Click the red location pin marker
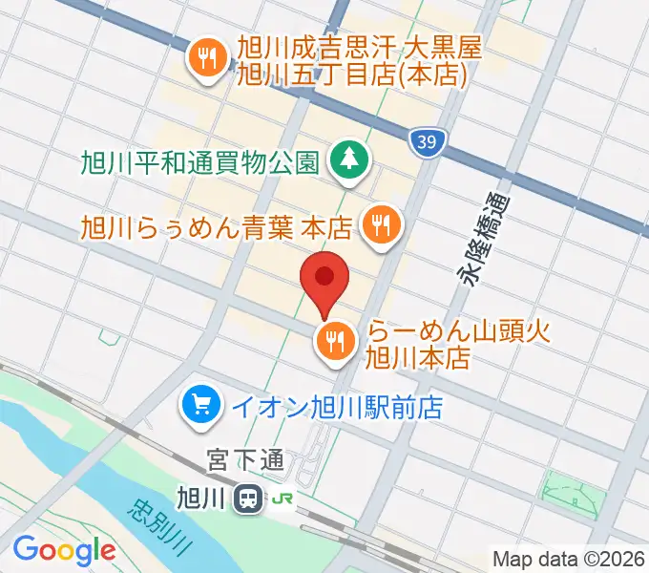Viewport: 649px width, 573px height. click(324, 280)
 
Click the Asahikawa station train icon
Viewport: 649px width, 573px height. click(250, 498)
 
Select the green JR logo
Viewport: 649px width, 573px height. click(283, 499)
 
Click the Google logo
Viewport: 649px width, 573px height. click(64, 550)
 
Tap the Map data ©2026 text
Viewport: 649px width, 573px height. click(568, 560)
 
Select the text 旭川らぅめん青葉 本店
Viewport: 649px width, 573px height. click(217, 227)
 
